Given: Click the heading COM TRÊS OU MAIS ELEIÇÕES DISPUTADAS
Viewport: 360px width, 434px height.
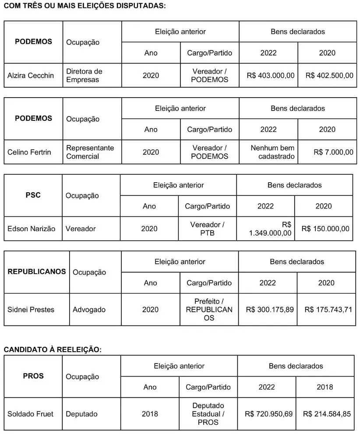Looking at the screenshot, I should pos(85,6).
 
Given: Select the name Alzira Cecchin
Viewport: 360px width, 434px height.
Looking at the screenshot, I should pos(31,75).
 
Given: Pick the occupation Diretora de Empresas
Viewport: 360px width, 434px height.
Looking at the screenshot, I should pos(84,75).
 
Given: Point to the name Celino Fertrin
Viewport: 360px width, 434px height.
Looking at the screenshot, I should pos(29,152).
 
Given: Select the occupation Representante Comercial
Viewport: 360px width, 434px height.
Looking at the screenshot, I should pos(90,152).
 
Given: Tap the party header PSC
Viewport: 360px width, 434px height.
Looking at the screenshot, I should pos(33,195).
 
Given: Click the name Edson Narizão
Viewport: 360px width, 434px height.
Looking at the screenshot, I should pos(32,229).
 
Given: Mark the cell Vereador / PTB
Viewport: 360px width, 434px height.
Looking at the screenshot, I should pos(207,229).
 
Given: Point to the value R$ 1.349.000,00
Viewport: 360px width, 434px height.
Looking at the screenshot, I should pos(270,229).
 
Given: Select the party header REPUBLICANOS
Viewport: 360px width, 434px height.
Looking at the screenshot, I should pos(37,272).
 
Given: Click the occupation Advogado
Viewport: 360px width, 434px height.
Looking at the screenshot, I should pos(89,310).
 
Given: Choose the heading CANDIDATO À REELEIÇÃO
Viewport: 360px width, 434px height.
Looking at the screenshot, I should pos(53,349).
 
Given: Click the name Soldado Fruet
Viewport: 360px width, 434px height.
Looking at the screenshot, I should pos(30,414).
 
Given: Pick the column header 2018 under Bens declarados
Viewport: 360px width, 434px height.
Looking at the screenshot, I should pos(325,387).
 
